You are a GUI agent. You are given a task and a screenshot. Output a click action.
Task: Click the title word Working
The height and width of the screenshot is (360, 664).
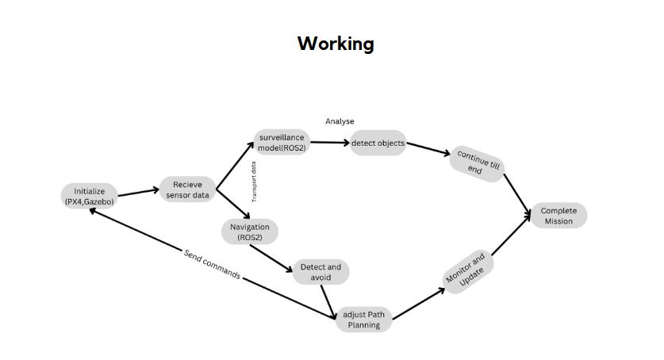coord(336,44)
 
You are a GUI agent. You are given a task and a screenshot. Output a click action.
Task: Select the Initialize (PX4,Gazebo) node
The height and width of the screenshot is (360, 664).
coord(90,197)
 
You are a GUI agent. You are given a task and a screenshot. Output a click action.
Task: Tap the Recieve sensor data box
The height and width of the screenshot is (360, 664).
coord(188,190)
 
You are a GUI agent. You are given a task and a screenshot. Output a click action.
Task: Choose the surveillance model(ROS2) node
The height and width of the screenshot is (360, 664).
coord(282,143)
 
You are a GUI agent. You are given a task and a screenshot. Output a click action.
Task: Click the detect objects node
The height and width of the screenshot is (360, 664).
coord(378,144)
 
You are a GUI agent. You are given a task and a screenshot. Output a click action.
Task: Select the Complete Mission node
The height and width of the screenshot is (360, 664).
coord(558,216)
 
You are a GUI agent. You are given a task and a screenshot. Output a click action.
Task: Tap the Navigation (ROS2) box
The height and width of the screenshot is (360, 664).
coord(250,232)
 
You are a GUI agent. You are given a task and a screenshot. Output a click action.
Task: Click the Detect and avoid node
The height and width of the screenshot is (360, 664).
coord(320,272)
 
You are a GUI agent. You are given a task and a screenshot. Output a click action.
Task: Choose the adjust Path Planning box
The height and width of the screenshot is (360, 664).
coord(364,320)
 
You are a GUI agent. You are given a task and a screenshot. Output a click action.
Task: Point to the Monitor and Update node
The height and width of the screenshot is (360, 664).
coord(466,274)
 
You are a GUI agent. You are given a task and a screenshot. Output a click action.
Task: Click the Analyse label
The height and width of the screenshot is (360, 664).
coord(340,121)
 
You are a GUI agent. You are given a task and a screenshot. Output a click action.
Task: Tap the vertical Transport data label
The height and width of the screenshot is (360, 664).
coord(254,182)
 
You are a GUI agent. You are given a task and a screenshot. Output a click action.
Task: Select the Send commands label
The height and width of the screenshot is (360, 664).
coord(212,264)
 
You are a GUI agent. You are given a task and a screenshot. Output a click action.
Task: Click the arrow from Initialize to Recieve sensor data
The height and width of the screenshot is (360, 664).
coord(139,192)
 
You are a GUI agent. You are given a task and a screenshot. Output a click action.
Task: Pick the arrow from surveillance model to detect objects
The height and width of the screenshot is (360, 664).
coord(329,144)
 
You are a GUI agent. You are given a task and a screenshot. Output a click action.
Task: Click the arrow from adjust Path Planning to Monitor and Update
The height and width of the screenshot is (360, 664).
coord(419,304)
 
